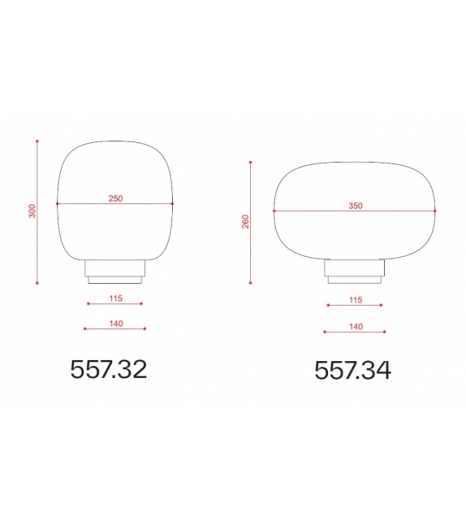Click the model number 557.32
[108, 369]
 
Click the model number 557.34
[352, 370]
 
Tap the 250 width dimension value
[114, 198]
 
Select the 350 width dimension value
[355, 207]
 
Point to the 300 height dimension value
[32, 211]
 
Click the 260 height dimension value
[245, 221]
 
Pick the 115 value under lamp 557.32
[114, 298]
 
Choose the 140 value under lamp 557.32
[114, 324]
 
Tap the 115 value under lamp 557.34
[355, 300]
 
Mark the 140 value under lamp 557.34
[355, 326]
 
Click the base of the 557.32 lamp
[114, 272]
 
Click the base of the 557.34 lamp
[355, 271]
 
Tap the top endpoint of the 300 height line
[37, 141]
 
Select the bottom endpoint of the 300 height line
[37, 283]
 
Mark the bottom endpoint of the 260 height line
[252, 282]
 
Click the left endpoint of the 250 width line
[57, 203]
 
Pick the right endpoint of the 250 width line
[172, 203]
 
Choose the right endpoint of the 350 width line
[436, 212]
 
